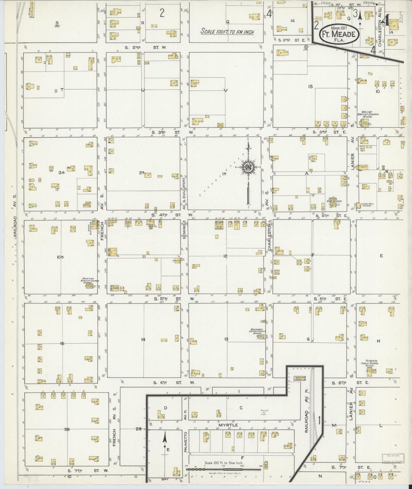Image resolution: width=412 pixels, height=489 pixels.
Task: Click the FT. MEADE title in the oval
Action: coord(339,35)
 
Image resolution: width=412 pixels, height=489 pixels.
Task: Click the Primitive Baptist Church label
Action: coord(90,281)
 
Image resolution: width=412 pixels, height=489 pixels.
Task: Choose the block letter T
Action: coord(61,90)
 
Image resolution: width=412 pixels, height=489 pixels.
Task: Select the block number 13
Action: coord(226,339)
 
